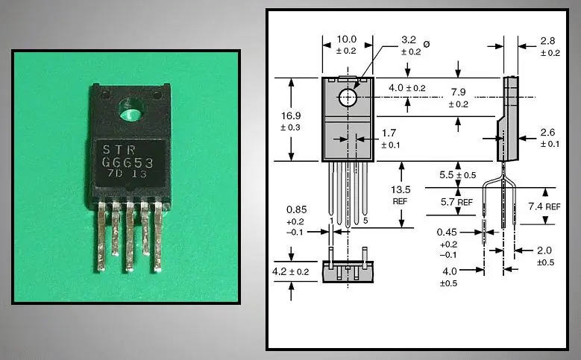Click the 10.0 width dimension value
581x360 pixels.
click(347, 39)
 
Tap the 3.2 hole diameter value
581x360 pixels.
click(409, 39)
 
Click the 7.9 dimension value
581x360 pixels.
click(458, 92)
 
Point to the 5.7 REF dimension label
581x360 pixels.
click(456, 201)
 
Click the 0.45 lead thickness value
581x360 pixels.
click(447, 232)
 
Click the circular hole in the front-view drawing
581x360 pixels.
click(348, 97)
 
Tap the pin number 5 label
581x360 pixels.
click(366, 221)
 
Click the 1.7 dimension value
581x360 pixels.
click(388, 133)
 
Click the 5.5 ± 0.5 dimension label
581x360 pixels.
click(457, 174)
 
